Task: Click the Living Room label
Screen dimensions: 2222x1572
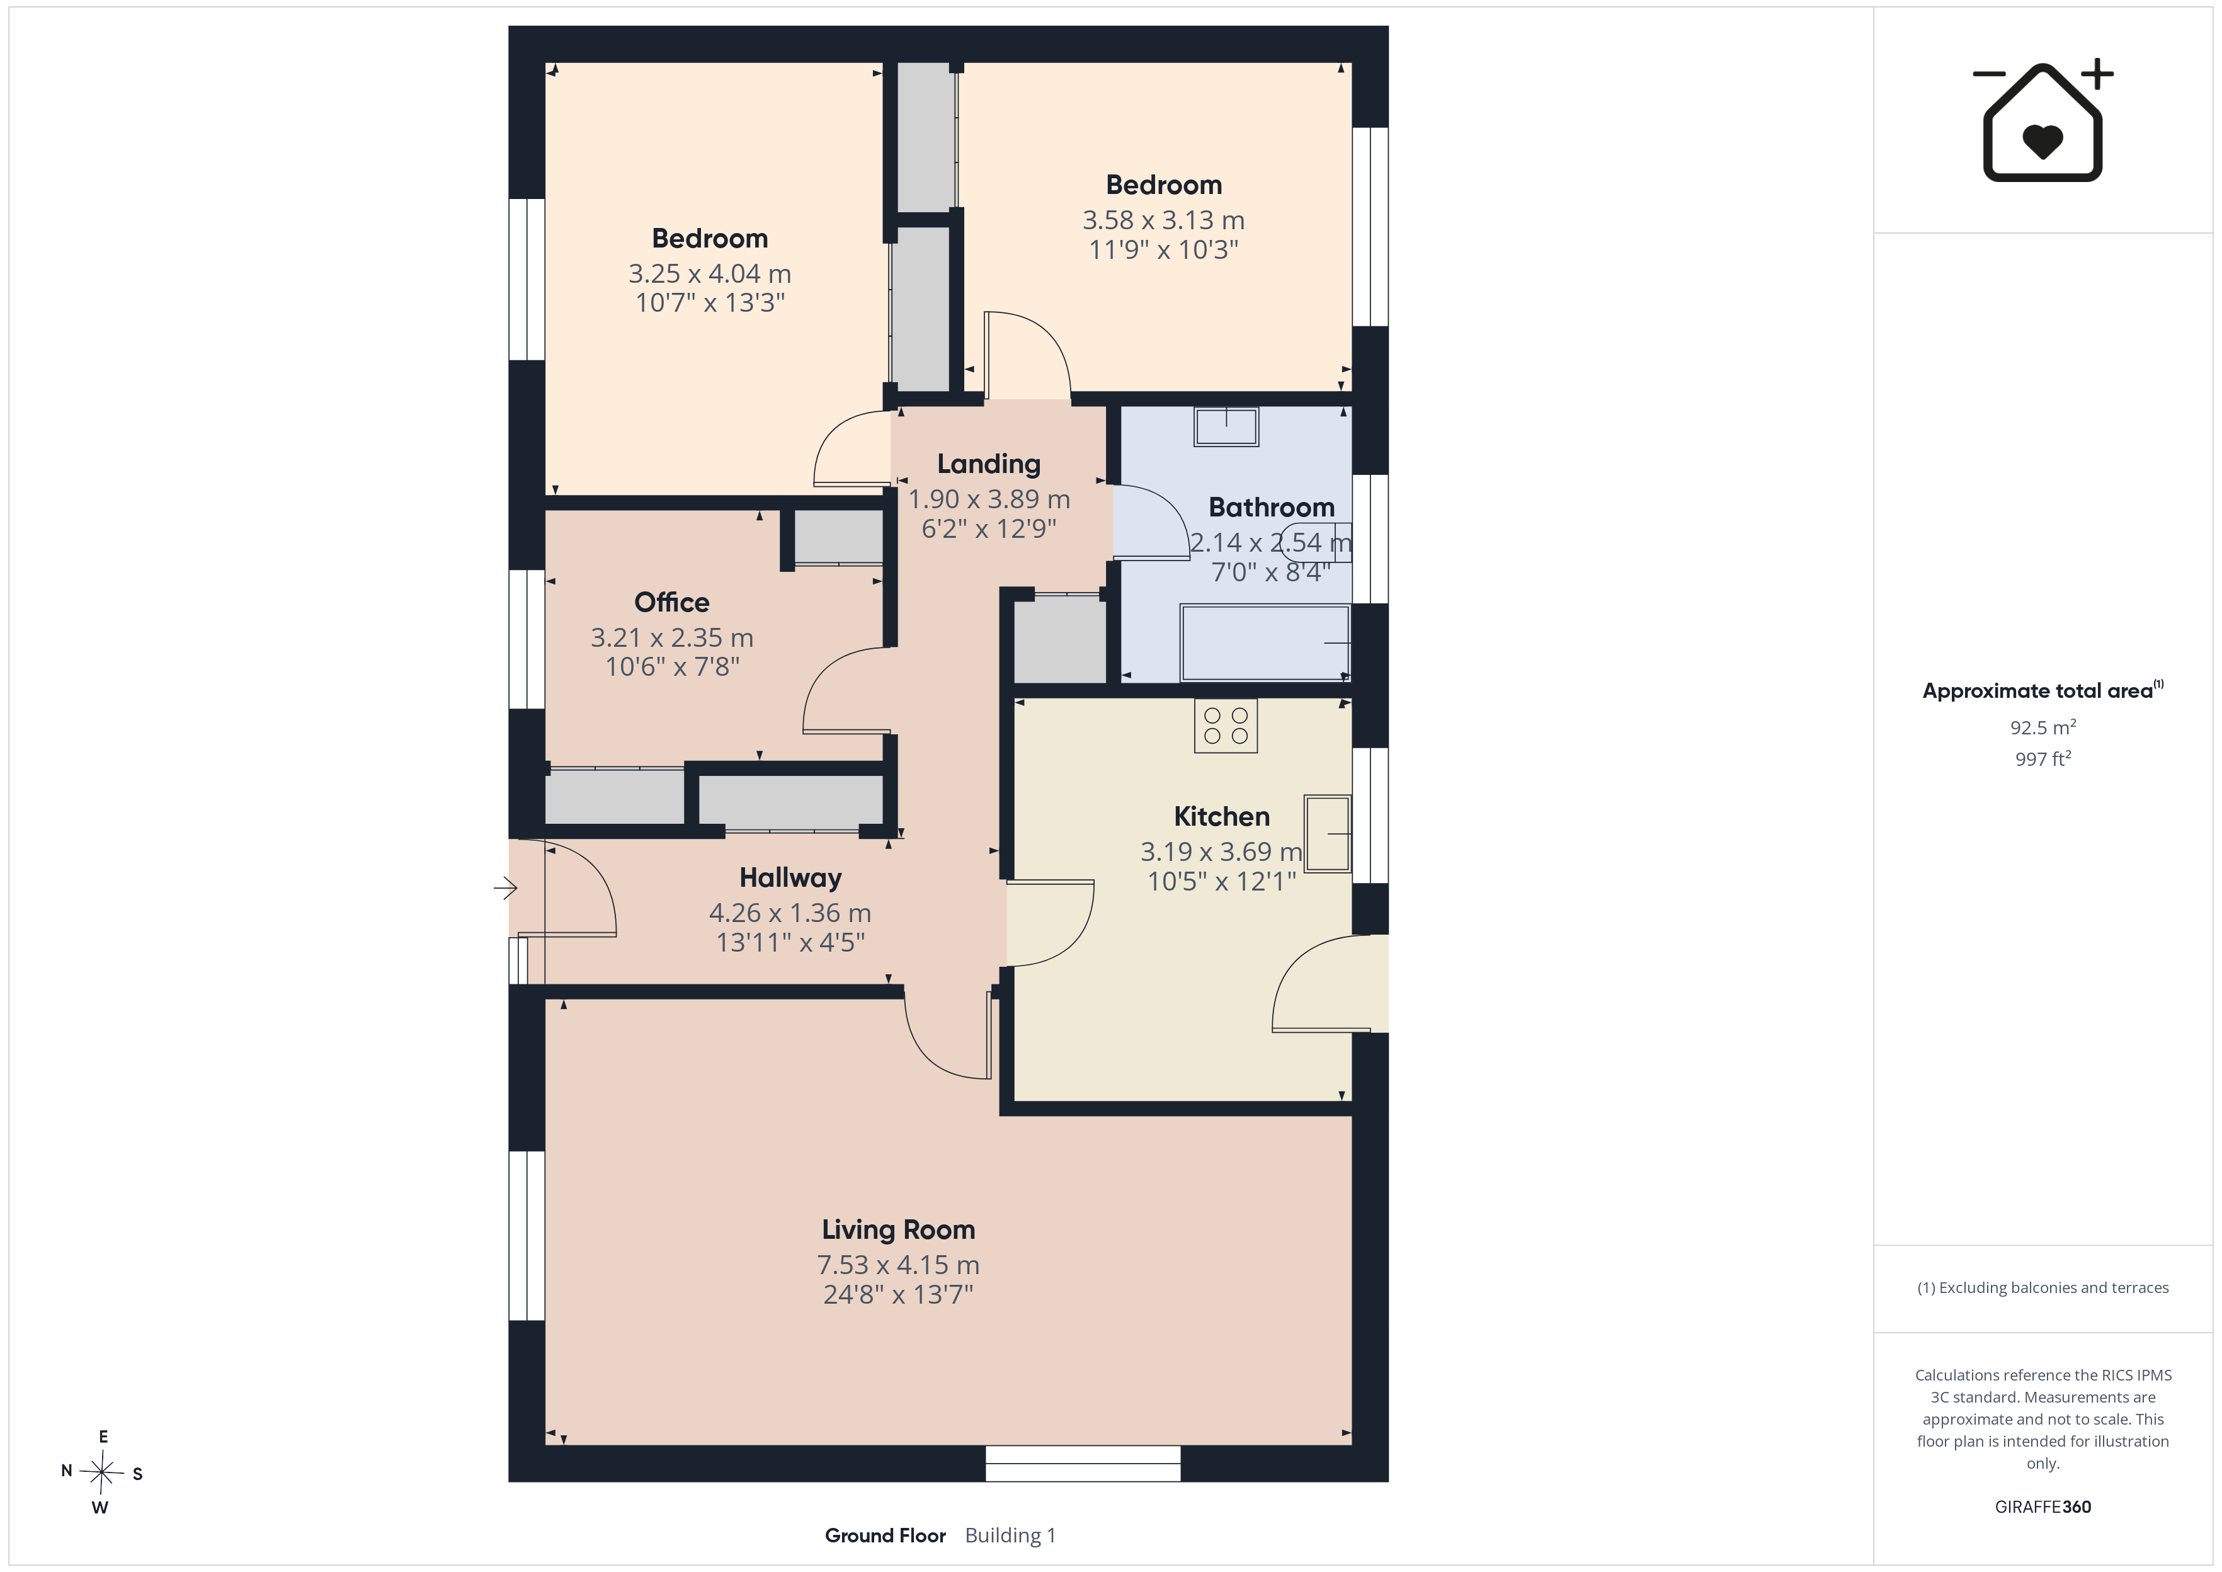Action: click(898, 1230)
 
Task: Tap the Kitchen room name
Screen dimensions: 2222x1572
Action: click(1221, 817)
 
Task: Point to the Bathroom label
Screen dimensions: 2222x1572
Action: click(1272, 507)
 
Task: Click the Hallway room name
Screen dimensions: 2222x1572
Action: click(790, 878)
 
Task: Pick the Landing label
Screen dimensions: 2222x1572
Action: click(989, 465)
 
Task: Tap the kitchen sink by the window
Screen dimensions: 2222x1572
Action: click(1328, 833)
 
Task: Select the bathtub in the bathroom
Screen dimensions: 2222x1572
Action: click(1265, 643)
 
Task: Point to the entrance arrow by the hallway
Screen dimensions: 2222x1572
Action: click(505, 887)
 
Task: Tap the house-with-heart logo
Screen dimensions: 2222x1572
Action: click(2042, 120)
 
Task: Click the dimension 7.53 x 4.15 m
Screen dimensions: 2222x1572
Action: click(898, 1265)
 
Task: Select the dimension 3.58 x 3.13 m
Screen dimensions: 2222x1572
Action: click(1163, 220)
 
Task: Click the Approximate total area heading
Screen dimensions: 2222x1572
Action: click(2042, 690)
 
